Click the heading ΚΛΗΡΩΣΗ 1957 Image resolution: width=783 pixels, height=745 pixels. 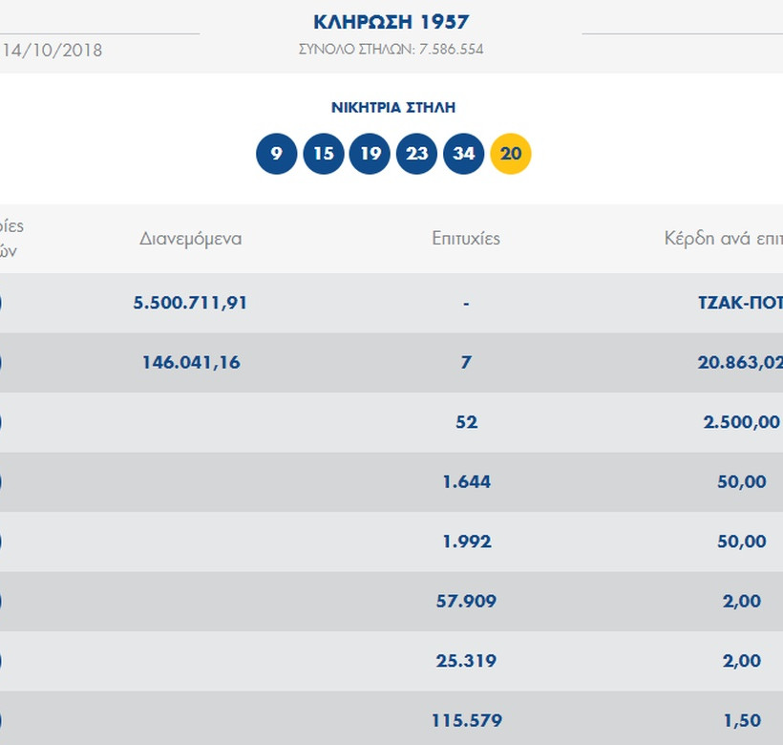[x=391, y=22]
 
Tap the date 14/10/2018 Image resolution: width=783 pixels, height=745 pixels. [x=53, y=50]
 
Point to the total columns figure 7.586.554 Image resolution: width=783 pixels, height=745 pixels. [x=449, y=49]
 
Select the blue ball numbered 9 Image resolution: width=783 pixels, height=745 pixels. [x=277, y=154]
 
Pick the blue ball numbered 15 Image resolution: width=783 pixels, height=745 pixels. [x=324, y=154]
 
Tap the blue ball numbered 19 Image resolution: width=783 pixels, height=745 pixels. [x=370, y=154]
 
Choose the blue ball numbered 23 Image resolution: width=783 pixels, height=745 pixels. [x=416, y=154]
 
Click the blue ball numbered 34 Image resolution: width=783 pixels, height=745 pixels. [x=464, y=154]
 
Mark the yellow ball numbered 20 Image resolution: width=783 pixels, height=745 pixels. [x=511, y=154]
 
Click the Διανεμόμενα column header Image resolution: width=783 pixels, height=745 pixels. [x=191, y=239]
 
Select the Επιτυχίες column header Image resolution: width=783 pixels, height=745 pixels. [x=466, y=239]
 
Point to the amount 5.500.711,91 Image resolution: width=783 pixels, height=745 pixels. [x=191, y=303]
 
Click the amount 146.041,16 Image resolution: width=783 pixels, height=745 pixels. [x=191, y=362]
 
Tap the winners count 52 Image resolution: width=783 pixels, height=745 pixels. [x=466, y=422]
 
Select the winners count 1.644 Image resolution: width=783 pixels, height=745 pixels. [x=466, y=481]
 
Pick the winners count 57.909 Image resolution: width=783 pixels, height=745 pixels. [x=466, y=601]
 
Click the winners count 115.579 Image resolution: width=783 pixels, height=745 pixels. [x=466, y=720]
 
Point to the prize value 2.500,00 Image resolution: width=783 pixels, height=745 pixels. [x=741, y=422]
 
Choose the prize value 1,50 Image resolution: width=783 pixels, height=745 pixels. [x=742, y=720]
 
